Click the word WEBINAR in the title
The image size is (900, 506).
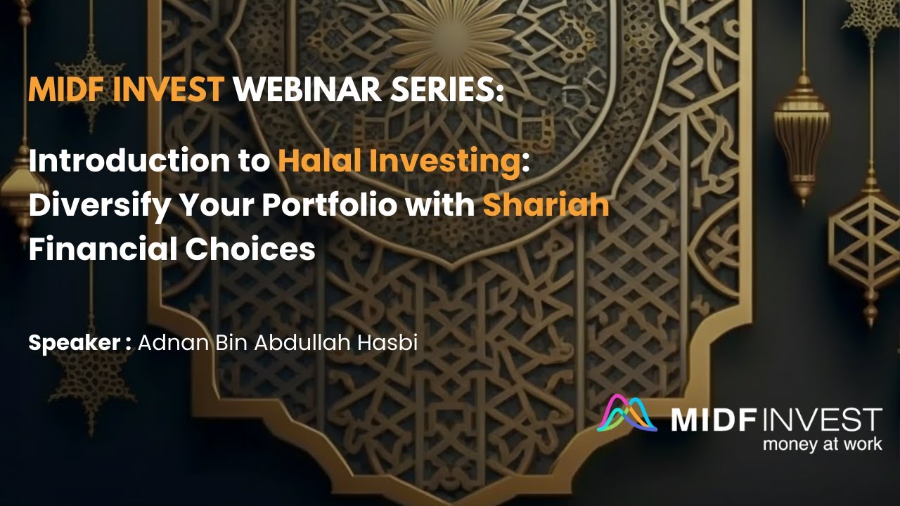(299, 91)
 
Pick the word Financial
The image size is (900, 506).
(101, 249)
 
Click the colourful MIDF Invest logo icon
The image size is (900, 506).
(626, 414)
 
